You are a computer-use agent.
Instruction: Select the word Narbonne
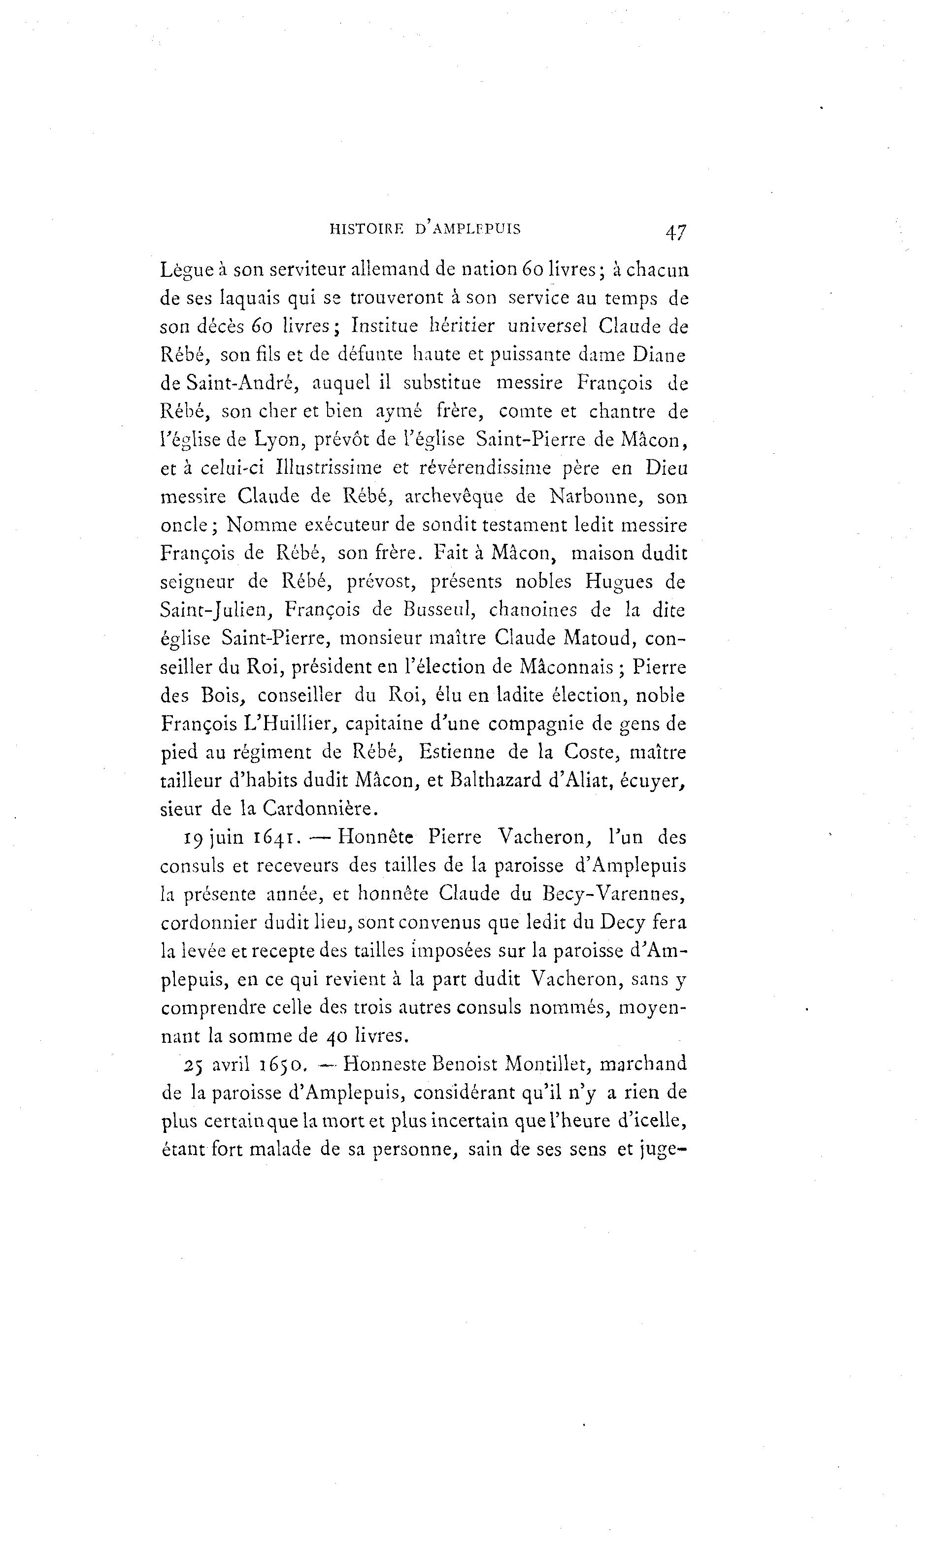click(x=596, y=497)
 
